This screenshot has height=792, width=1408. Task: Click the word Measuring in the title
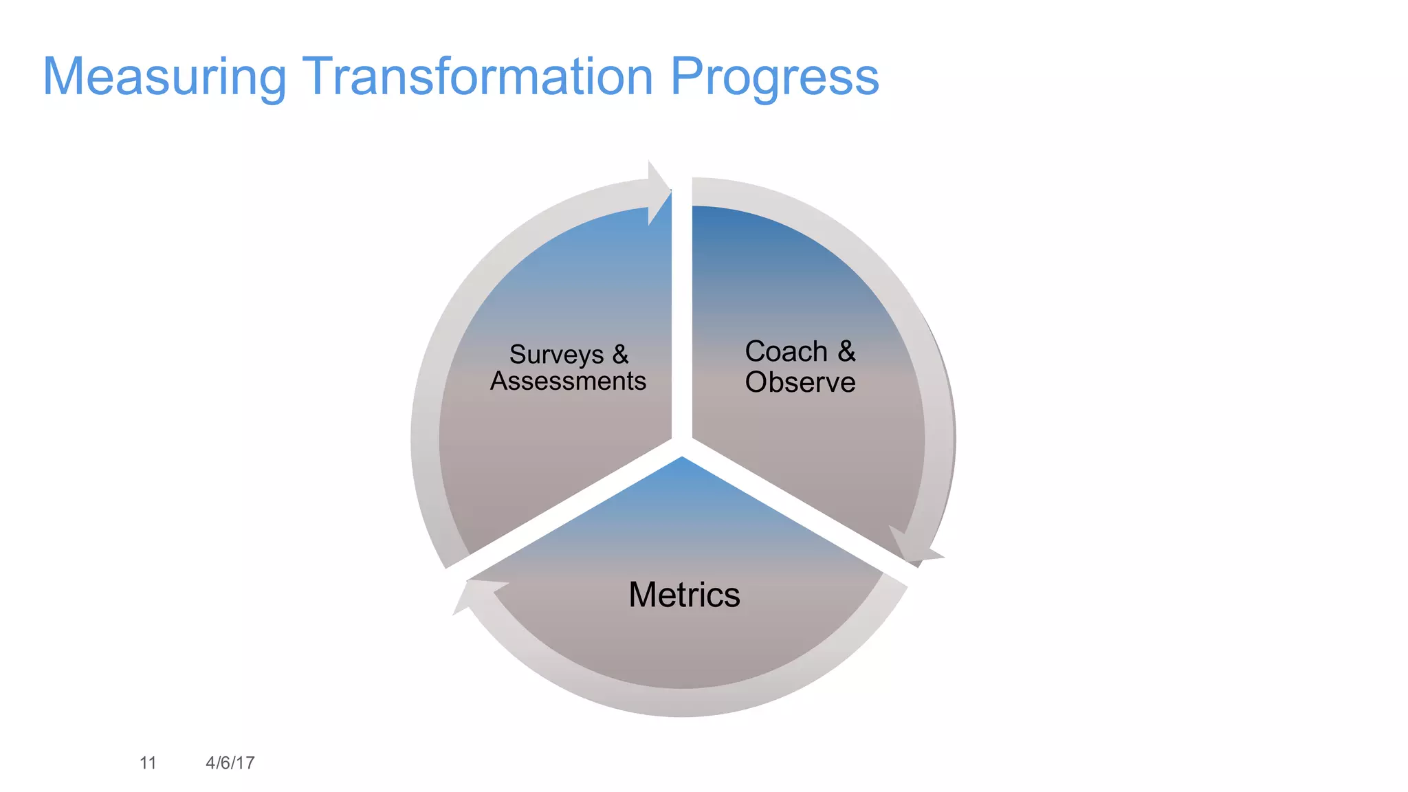[x=164, y=77]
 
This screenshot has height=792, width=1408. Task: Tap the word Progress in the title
[x=774, y=77]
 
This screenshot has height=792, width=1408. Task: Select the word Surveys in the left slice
[x=556, y=355]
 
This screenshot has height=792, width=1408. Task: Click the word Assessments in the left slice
[x=568, y=381]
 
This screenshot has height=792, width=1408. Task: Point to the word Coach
[x=786, y=351]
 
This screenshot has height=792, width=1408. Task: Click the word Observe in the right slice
[x=800, y=382]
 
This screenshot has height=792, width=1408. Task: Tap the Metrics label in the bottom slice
[x=684, y=595]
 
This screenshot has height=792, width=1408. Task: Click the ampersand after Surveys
[x=620, y=354]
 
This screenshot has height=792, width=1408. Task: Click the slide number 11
[x=148, y=762]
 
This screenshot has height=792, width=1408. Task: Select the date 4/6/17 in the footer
[x=230, y=762]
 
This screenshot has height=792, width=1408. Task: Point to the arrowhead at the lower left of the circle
[x=474, y=594]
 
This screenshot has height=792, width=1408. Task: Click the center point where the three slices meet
[x=682, y=446]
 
